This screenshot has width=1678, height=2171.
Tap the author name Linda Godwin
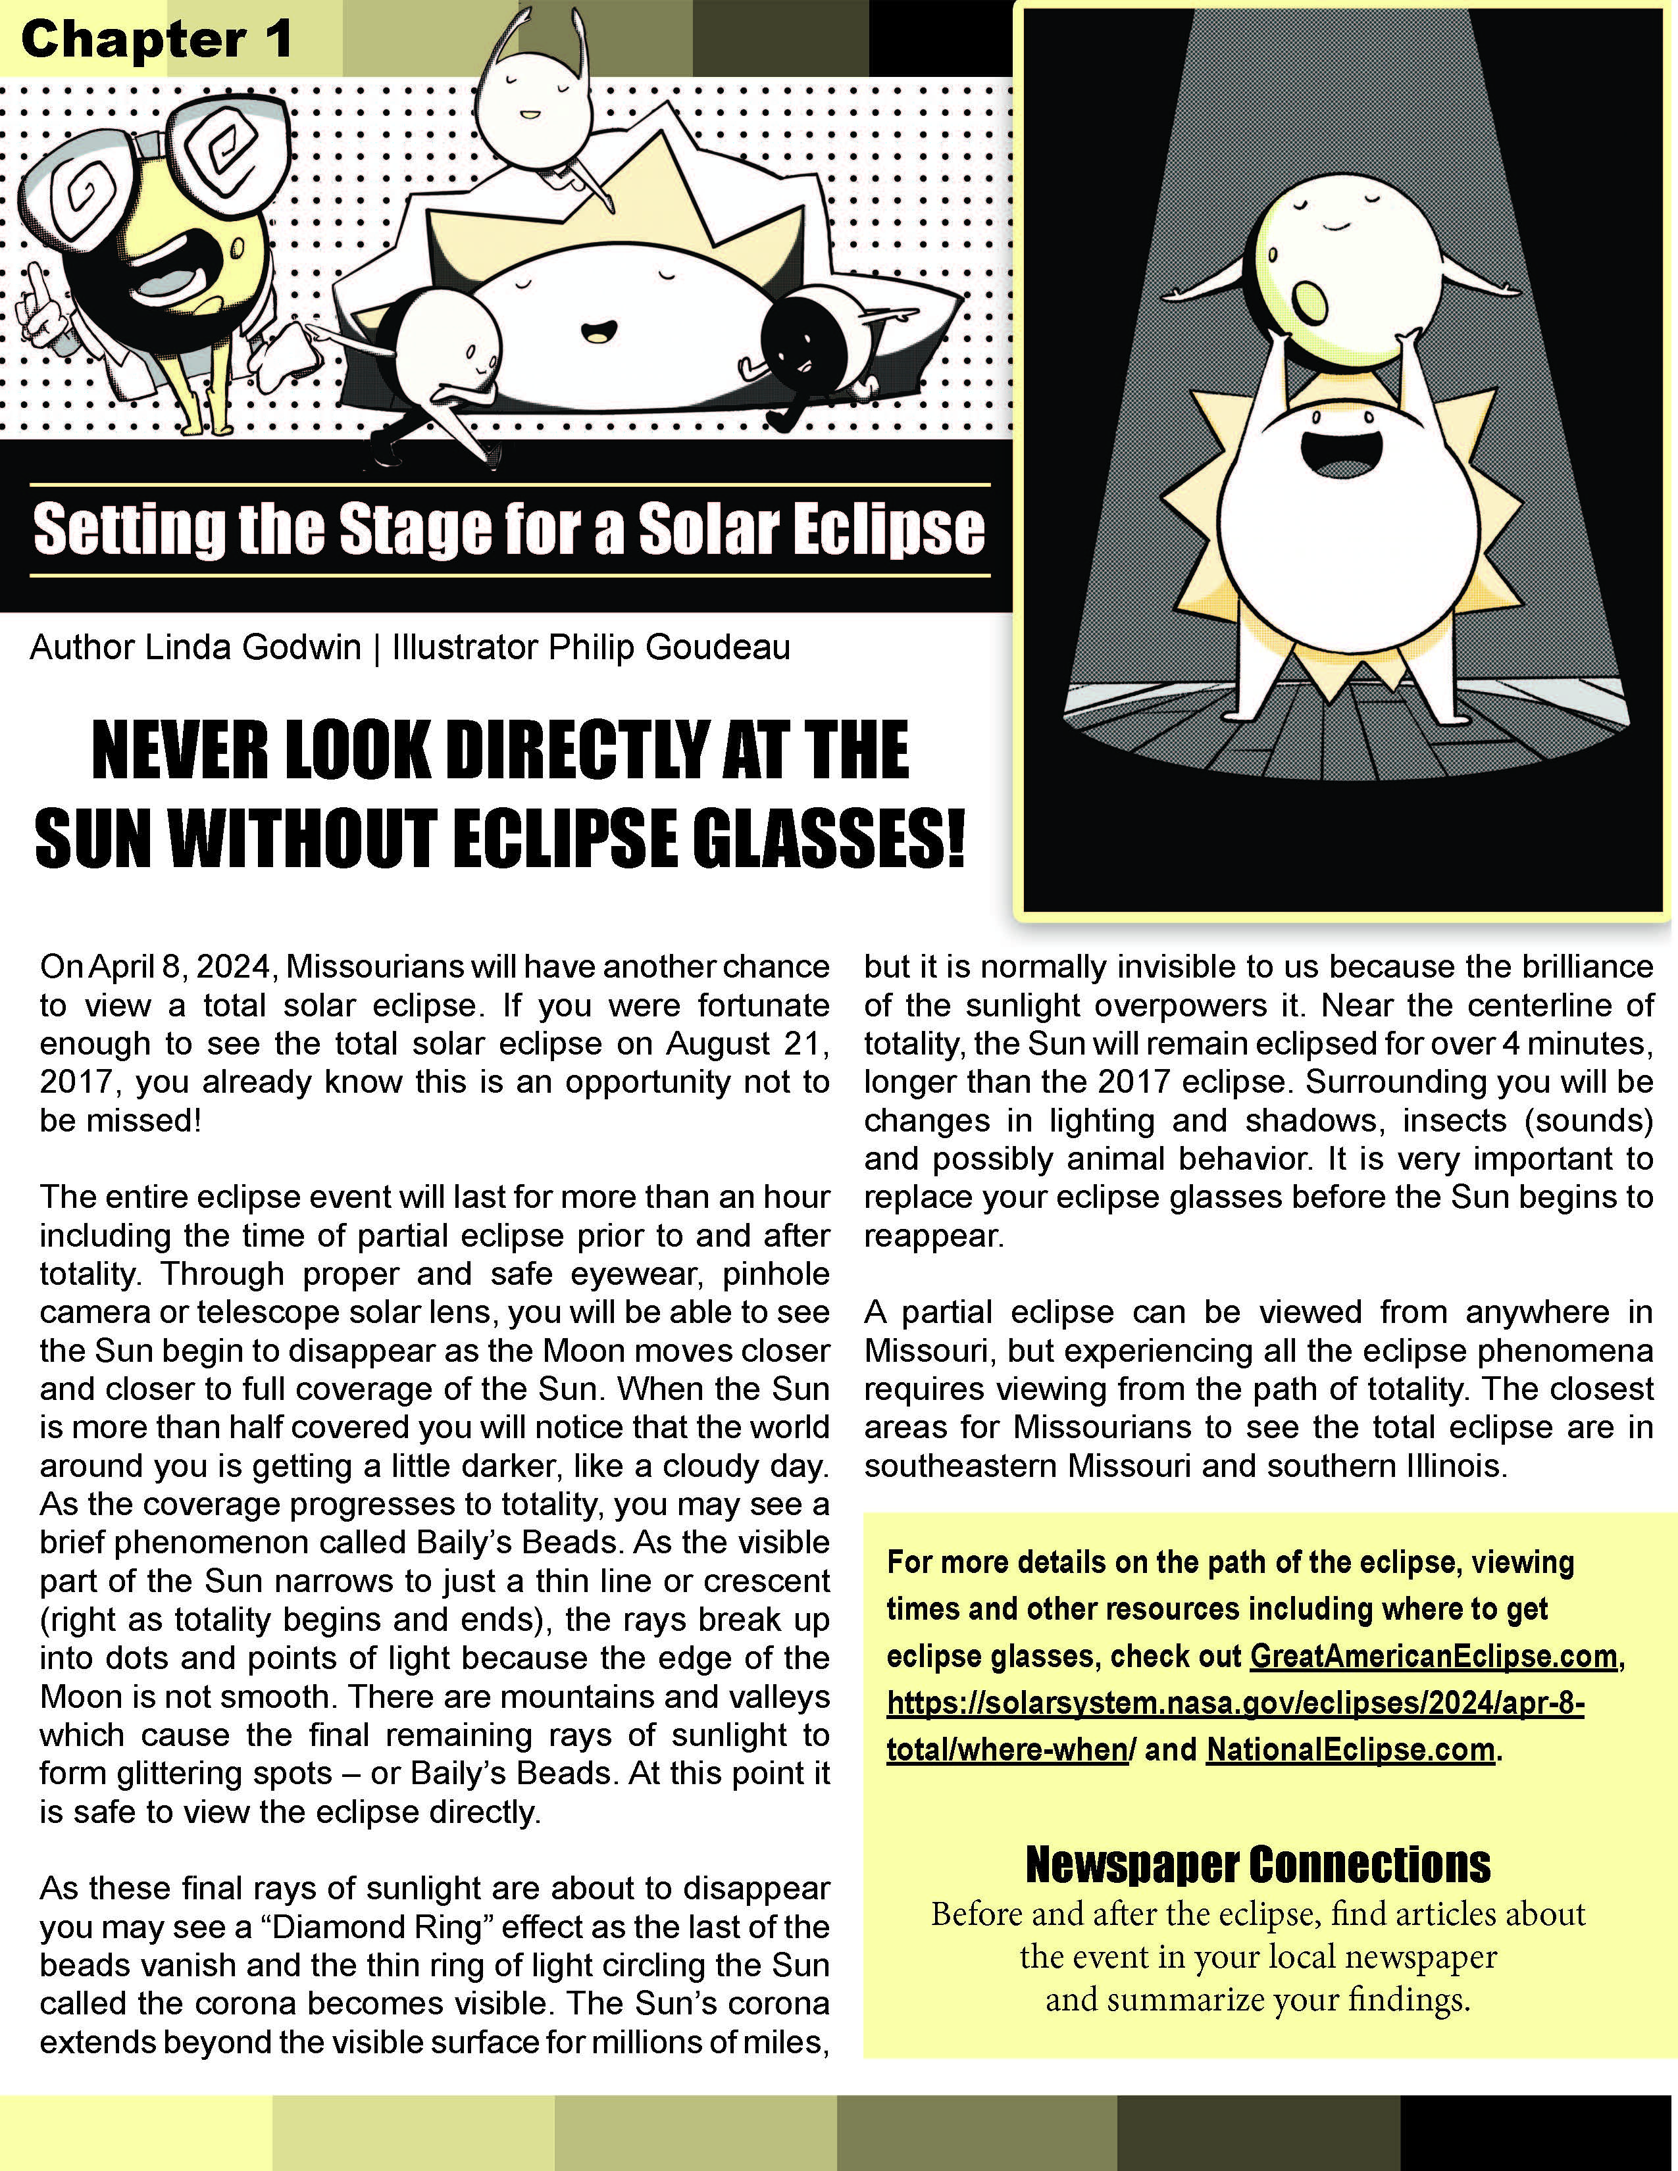(253, 647)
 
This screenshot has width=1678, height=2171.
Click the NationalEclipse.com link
(1350, 1749)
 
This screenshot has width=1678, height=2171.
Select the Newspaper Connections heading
(1258, 1865)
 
